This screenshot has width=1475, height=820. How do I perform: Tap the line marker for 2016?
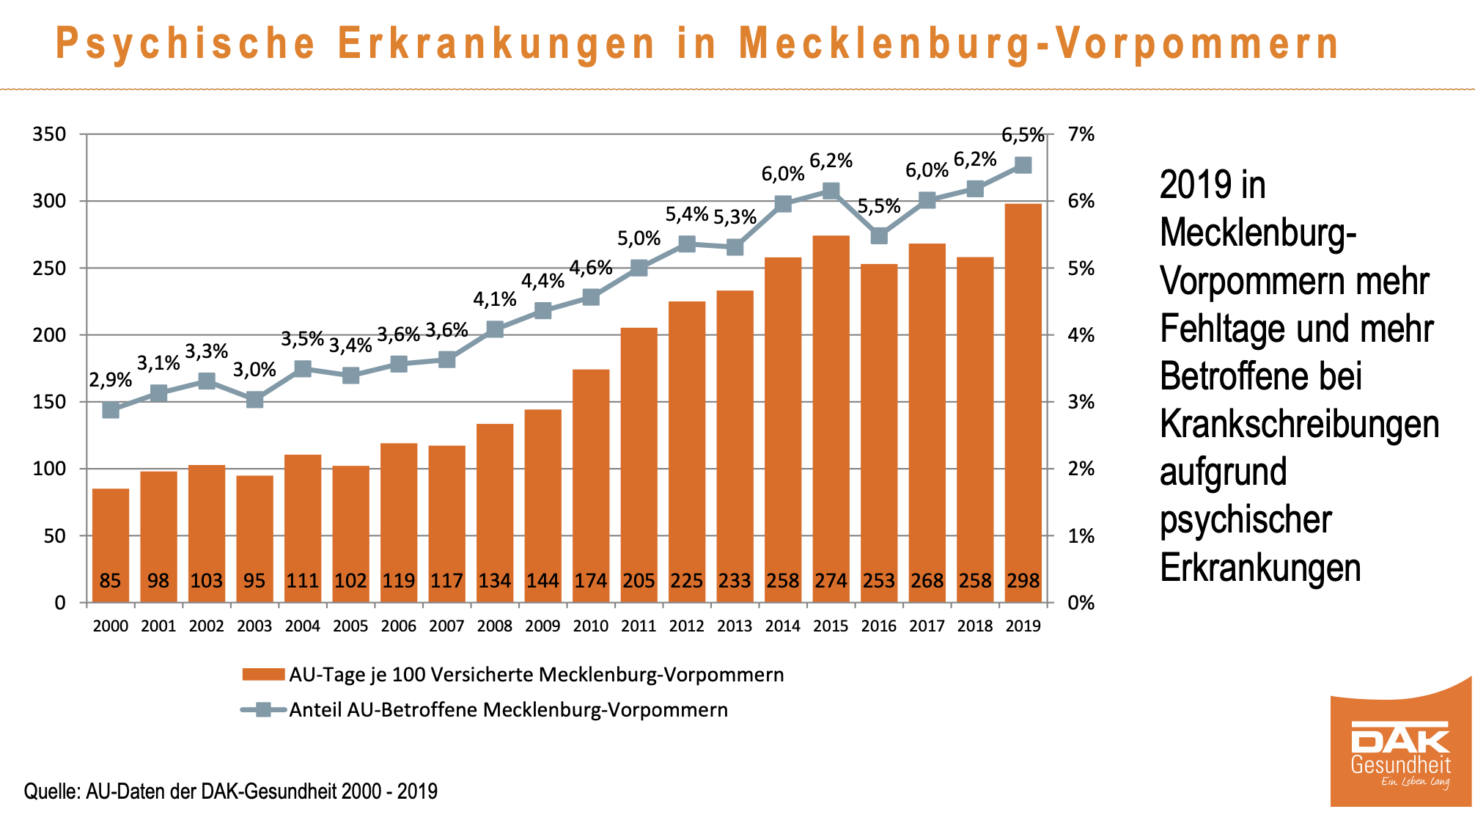coord(879,236)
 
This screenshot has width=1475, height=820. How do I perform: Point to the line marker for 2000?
coord(111,410)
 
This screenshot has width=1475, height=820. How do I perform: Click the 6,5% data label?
coord(1023,135)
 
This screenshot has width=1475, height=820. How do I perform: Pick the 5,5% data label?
coord(879,206)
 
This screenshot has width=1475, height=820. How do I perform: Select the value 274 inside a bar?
coord(831,581)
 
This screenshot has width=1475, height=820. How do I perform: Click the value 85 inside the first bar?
coord(110,581)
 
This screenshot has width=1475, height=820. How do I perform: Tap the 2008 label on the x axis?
coord(495,626)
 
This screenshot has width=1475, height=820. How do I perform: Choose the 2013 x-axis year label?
coord(735,626)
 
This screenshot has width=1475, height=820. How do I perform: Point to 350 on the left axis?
coord(49,134)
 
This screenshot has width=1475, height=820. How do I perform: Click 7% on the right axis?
coord(1081,134)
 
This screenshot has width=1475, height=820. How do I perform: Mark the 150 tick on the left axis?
coord(49,402)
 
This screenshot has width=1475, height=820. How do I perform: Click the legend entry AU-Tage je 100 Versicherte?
coord(536,675)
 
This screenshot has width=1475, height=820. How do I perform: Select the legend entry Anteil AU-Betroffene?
coord(508,710)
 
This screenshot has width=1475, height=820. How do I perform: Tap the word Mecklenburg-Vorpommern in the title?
coord(1038,43)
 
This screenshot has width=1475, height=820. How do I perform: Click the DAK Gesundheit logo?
coord(1400,755)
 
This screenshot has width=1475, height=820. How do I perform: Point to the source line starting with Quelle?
coord(231,791)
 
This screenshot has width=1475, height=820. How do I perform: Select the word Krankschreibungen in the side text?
coord(1299,424)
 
